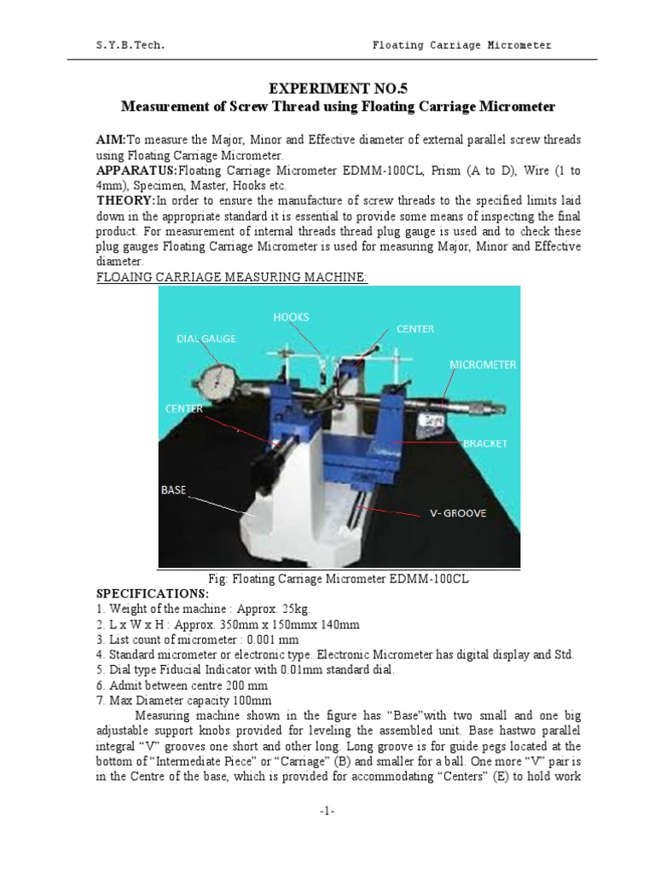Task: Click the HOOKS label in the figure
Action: pos(291,316)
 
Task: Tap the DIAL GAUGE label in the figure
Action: pos(206,338)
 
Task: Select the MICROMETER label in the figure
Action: pos(483,365)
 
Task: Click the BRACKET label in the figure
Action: pos(484,443)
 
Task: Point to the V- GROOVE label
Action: pos(458,514)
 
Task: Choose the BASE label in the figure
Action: pos(173,490)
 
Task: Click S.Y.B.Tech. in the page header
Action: pos(130,45)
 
